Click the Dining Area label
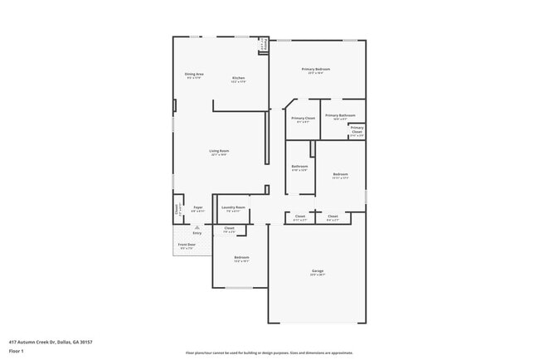click(x=194, y=75)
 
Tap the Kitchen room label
click(x=238, y=80)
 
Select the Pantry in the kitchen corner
click(x=264, y=47)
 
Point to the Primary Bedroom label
click(x=316, y=70)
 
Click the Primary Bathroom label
click(x=340, y=116)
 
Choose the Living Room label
click(x=219, y=152)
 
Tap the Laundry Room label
click(x=233, y=208)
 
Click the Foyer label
click(x=197, y=208)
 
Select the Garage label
click(x=317, y=272)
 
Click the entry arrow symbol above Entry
click(x=197, y=226)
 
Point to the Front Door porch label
click(x=186, y=246)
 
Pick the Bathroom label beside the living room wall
click(x=299, y=168)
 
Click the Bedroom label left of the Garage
click(x=241, y=259)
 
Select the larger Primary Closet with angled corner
click(x=303, y=119)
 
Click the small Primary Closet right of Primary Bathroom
click(x=357, y=130)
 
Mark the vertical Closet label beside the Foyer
click(x=177, y=211)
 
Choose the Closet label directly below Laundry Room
click(x=230, y=229)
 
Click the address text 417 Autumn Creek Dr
click(x=51, y=342)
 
